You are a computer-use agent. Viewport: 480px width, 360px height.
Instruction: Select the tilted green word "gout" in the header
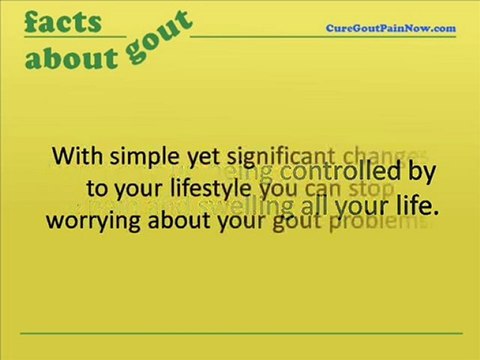click(159, 38)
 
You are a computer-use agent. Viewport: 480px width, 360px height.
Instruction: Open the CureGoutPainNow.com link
click(391, 28)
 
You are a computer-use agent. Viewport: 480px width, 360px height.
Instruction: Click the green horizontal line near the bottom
click(240, 333)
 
